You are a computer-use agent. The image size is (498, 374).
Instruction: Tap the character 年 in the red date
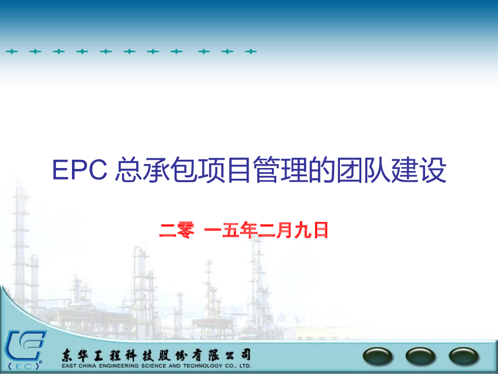pyautogui.click(x=248, y=230)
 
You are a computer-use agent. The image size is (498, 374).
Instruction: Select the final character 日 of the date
pyautogui.click(x=320, y=230)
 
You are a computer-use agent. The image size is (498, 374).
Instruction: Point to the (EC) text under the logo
pyautogui.click(x=23, y=367)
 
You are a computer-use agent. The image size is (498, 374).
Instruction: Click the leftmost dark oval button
pyautogui.click(x=378, y=357)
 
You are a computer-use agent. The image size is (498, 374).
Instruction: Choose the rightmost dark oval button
pyautogui.click(x=463, y=357)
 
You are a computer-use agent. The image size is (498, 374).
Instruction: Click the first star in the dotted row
pyautogui.click(x=11, y=51)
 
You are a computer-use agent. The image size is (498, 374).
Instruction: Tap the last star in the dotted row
pyautogui.click(x=250, y=51)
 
